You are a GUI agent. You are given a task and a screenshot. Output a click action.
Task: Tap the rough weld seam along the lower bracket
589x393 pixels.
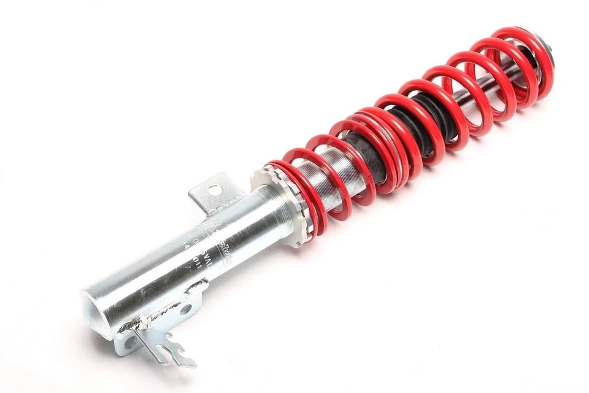(x=153, y=316)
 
